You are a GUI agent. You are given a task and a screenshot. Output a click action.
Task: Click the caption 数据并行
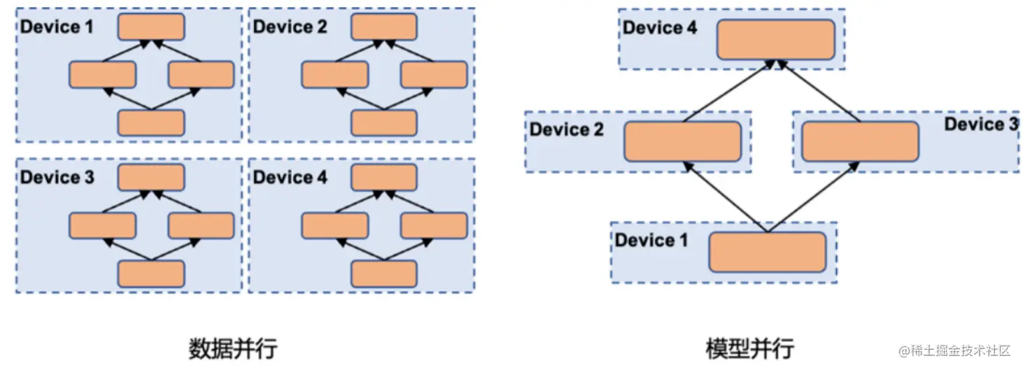[233, 348]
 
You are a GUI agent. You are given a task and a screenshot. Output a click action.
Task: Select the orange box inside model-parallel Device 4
[776, 39]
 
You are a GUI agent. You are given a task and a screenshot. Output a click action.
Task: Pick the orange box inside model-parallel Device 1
[768, 252]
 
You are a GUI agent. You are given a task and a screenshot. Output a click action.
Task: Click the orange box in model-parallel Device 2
[682, 141]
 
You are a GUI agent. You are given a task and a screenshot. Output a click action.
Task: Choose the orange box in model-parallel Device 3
[860, 141]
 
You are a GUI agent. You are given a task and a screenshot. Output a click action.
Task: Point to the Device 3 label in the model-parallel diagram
[981, 124]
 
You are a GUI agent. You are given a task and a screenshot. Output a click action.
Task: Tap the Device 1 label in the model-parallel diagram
[651, 241]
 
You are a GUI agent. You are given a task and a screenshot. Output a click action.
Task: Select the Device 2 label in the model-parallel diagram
[567, 129]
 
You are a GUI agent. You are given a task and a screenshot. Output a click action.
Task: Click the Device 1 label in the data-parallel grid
[56, 27]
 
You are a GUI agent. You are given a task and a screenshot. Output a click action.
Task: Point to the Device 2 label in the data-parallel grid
[290, 27]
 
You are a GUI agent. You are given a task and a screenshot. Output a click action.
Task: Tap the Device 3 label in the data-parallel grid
[56, 177]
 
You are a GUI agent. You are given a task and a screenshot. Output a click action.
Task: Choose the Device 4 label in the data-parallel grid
[290, 177]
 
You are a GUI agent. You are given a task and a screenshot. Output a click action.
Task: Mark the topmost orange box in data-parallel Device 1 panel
[151, 27]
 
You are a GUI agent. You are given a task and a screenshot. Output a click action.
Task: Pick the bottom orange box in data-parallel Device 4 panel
[384, 273]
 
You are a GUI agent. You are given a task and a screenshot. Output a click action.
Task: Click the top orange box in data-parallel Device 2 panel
[384, 27]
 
